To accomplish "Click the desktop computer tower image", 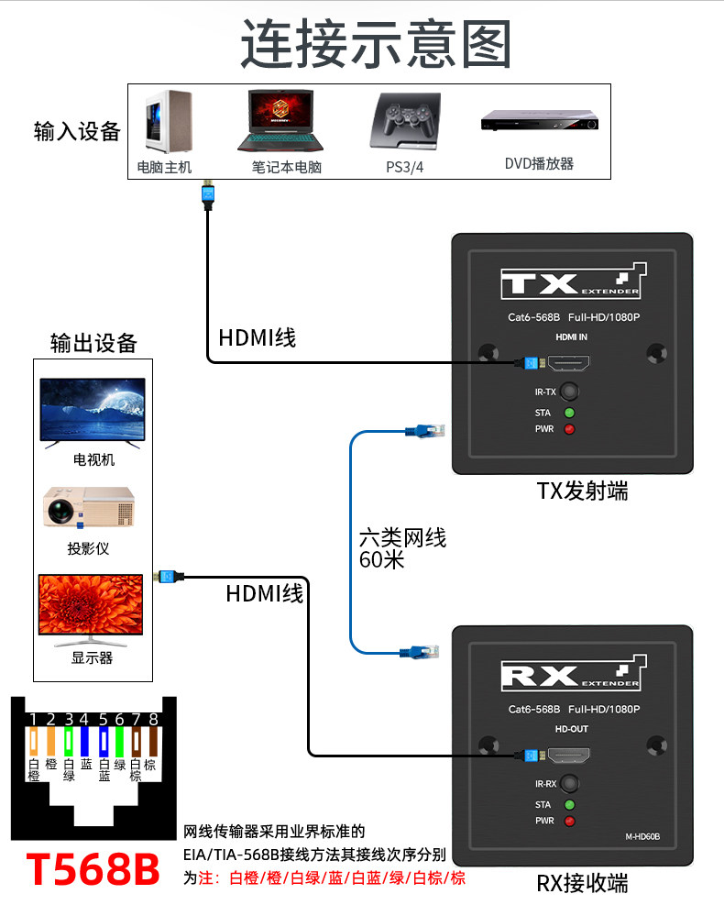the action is tap(168, 122).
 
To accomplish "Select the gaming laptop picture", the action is tap(280, 120).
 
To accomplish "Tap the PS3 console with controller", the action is tap(405, 121).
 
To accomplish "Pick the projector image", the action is tap(89, 507).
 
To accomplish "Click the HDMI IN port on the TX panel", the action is tap(568, 363).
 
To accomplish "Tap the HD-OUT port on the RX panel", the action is tap(568, 756).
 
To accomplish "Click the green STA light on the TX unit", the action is tap(569, 413).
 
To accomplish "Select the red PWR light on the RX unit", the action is tap(569, 822).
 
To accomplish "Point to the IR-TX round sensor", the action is tap(569, 392).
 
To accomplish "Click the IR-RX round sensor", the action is tap(569, 783).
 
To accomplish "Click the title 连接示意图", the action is tap(376, 44).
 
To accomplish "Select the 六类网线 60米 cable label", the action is tap(402, 548).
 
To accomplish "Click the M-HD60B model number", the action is tap(642, 836).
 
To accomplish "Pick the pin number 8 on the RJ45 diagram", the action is tap(153, 719).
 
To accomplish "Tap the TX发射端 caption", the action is tap(582, 491).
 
